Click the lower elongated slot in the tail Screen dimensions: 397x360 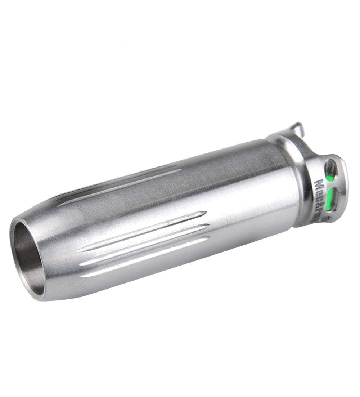tap(333, 200)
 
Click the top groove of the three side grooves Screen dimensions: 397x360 tap(144, 231)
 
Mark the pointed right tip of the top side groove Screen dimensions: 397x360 tap(205, 212)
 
